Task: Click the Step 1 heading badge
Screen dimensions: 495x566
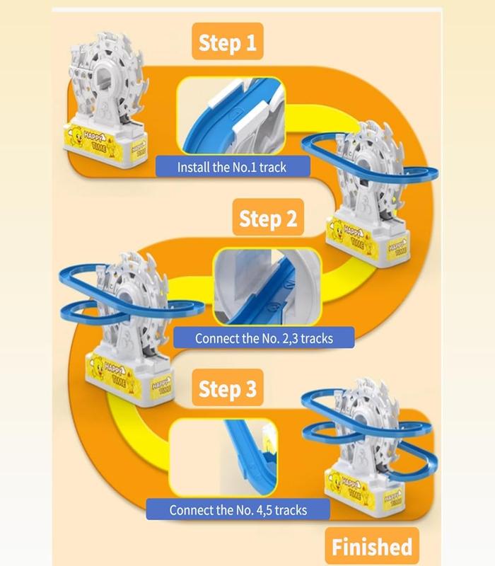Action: [x=227, y=41]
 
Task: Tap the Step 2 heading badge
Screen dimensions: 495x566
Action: [x=268, y=217]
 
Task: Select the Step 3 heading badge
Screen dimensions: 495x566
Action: [x=227, y=388]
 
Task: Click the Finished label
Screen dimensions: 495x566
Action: [x=372, y=546]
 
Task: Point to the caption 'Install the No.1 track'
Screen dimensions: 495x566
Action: [x=233, y=167]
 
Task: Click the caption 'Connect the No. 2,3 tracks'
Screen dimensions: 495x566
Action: [x=264, y=338]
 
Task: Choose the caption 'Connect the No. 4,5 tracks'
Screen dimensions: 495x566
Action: [x=238, y=509]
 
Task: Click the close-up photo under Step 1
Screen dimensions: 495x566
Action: [x=231, y=116]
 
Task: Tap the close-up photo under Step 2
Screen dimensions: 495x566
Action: [x=267, y=287]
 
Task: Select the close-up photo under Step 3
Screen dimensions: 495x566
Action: [x=223, y=458]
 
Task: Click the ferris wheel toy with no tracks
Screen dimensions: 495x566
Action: [x=105, y=101]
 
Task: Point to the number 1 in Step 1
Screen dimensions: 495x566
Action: [x=250, y=42]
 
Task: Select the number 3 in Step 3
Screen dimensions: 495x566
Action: [x=250, y=388]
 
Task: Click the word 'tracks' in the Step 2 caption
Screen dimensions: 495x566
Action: [x=317, y=338]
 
